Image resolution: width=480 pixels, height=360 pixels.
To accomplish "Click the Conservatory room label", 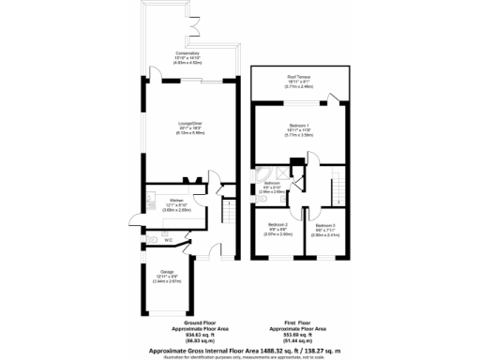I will point(187,53).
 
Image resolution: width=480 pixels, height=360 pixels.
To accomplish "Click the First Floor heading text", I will point(296,322).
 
